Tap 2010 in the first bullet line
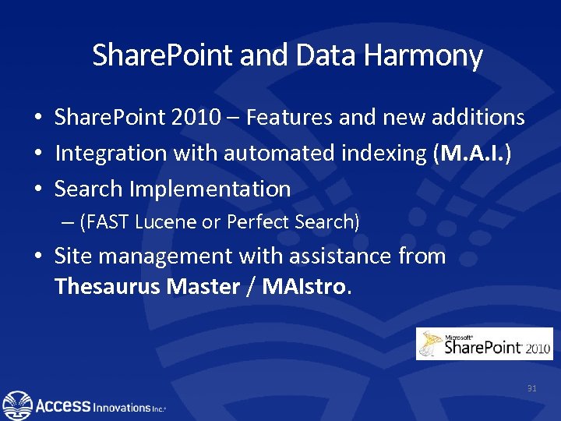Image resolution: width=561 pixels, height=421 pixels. click(190, 118)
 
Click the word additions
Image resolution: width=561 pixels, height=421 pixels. click(477, 118)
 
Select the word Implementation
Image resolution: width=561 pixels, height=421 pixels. click(210, 189)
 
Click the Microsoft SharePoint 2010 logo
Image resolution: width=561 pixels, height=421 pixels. click(484, 344)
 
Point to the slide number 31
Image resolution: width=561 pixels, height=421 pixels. click(532, 387)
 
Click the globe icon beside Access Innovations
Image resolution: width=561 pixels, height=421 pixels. click(17, 405)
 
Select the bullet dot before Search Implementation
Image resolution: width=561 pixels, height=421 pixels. click(37, 189)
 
